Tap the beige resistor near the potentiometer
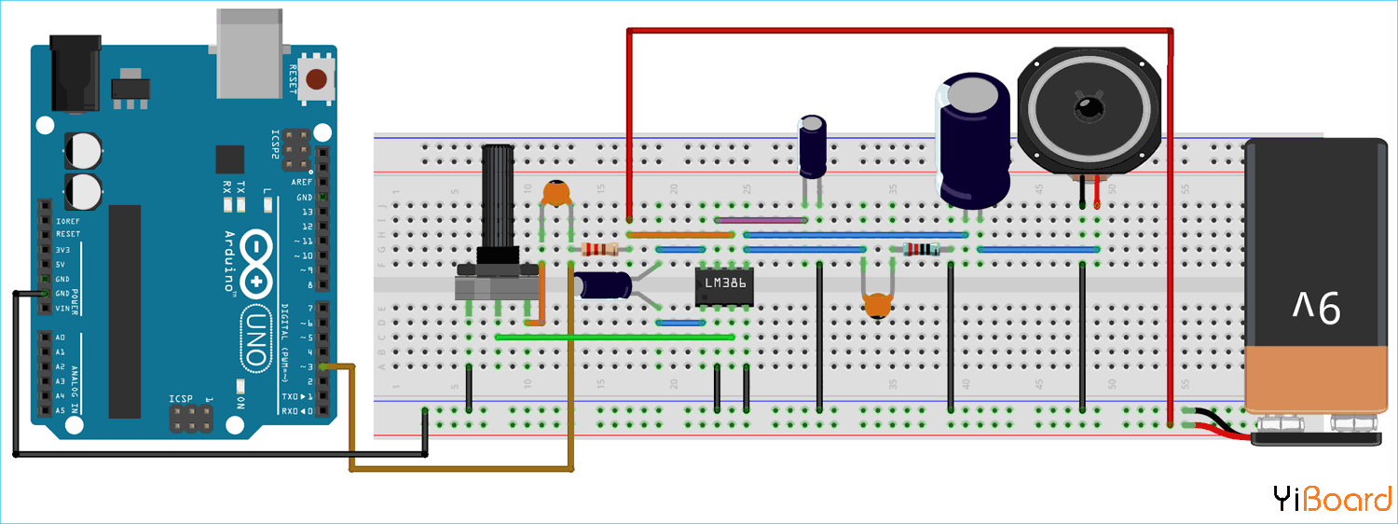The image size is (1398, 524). (x=599, y=249)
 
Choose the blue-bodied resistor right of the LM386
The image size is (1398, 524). (x=923, y=249)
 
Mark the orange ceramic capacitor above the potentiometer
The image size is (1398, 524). (x=556, y=193)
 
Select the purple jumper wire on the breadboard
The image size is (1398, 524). (x=761, y=221)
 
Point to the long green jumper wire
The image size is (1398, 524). (x=615, y=336)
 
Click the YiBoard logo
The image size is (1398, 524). (x=1332, y=499)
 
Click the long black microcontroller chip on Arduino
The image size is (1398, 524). (x=124, y=311)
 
